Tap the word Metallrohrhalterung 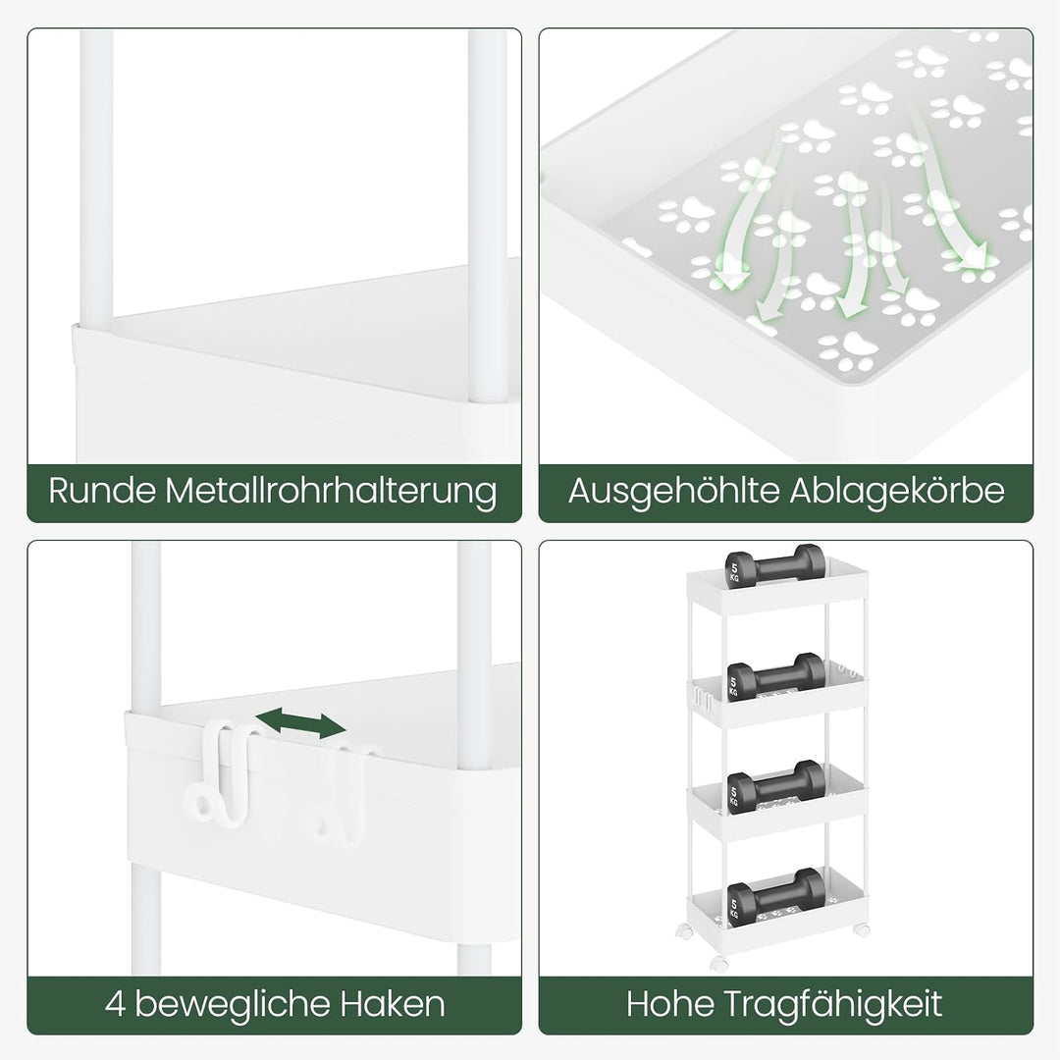click(x=332, y=490)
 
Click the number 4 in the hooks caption click(x=116, y=1004)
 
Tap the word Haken click(x=392, y=1004)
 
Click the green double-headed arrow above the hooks click(x=301, y=723)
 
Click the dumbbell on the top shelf click(x=775, y=566)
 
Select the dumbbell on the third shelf click(x=776, y=785)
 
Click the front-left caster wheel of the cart click(x=719, y=964)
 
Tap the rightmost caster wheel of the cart click(x=862, y=929)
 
